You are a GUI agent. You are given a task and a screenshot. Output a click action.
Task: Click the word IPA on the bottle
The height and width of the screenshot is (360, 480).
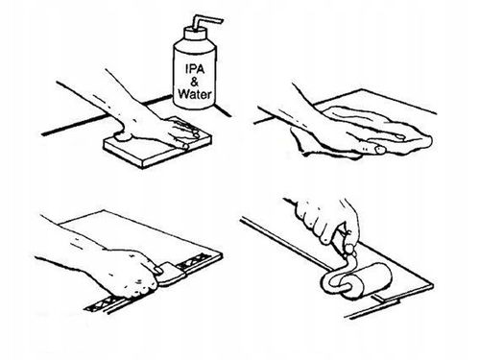195,69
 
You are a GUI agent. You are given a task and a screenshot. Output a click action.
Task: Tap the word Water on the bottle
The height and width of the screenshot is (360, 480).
195,94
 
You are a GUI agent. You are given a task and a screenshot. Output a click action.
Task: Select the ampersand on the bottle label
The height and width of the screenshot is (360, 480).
194,82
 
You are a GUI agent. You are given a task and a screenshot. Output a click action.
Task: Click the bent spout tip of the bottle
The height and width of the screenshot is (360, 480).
220,21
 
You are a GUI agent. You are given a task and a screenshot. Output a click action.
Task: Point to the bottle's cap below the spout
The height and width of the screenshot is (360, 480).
194,34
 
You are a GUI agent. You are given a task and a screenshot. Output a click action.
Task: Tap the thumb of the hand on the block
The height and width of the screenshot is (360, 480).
124,135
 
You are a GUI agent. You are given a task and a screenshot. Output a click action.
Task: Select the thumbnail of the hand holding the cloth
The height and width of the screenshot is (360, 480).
379,149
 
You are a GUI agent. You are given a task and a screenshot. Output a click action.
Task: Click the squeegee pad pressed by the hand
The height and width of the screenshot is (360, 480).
172,274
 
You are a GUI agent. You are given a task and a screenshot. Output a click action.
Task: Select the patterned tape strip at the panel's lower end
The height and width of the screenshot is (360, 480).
104,304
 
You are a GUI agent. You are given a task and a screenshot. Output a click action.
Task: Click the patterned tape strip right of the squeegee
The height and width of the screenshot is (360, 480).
195,260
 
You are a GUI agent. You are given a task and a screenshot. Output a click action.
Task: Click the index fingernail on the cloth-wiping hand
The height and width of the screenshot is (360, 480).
400,137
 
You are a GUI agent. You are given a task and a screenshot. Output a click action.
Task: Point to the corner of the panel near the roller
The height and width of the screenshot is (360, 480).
433,285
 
